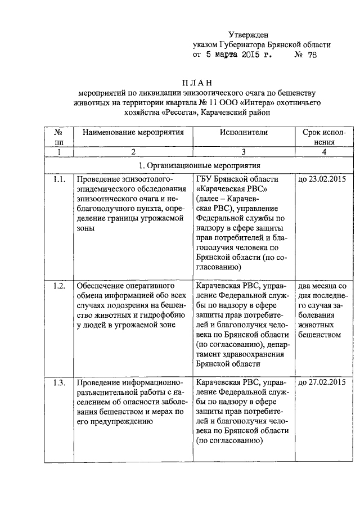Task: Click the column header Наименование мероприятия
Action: (133, 133)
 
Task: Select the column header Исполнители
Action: (244, 133)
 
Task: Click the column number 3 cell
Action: (244, 152)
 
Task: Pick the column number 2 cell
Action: (133, 152)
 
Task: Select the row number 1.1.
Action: (59, 179)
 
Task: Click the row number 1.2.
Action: (59, 286)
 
